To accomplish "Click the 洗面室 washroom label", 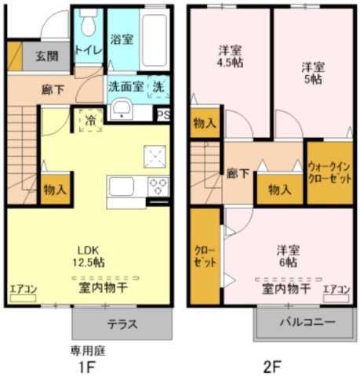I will [x=125, y=87].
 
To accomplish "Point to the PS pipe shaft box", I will [x=163, y=114].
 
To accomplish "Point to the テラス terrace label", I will [x=122, y=324].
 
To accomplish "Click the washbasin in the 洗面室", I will [x=121, y=110].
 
